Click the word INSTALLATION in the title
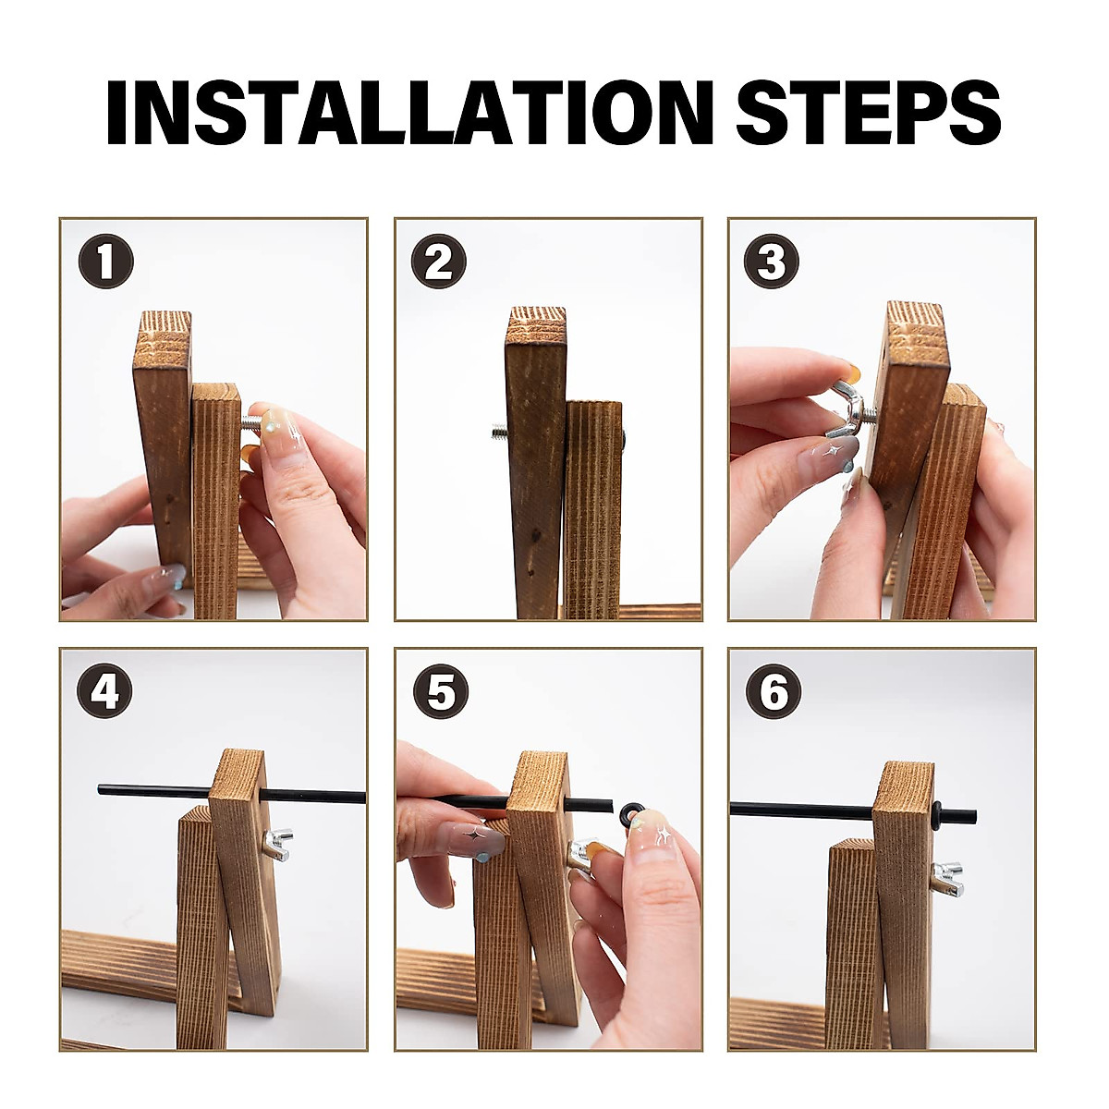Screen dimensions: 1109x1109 (x=410, y=112)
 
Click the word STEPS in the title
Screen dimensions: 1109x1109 (x=869, y=112)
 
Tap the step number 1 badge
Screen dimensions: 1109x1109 (x=106, y=261)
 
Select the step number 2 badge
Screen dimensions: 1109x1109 (x=439, y=261)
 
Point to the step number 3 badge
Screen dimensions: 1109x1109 (x=771, y=261)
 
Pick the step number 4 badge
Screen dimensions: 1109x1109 (x=104, y=691)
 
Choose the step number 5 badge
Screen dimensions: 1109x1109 (x=441, y=691)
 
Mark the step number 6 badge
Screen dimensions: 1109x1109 (x=774, y=691)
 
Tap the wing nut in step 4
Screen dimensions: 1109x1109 (x=277, y=845)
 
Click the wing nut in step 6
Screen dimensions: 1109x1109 (x=947, y=879)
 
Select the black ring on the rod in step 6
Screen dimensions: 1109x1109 (x=936, y=815)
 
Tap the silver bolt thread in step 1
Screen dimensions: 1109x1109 (x=250, y=424)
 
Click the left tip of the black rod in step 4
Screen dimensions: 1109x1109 (x=100, y=789)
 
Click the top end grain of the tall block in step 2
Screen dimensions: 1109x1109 (x=537, y=325)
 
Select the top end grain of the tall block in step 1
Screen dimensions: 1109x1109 (x=163, y=339)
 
